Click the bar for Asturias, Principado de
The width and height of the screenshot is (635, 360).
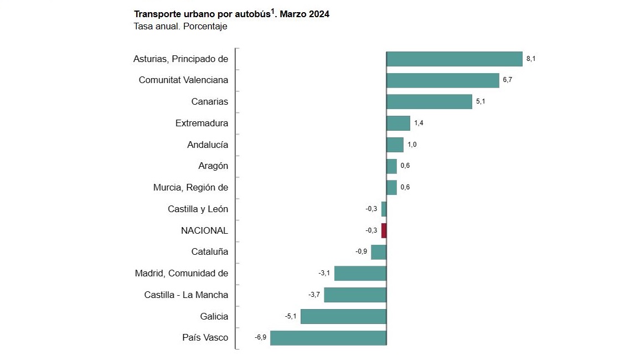(454, 59)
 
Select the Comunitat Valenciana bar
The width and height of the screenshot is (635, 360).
(442, 80)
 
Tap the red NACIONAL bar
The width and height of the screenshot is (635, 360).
(384, 230)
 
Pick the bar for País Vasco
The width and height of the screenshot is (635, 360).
(328, 338)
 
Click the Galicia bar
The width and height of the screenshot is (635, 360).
(343, 316)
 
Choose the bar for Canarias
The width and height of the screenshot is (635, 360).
(429, 101)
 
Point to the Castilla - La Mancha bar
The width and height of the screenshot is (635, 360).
(355, 295)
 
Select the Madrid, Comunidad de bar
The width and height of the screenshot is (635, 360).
(360, 273)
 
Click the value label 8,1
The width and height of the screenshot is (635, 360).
(530, 59)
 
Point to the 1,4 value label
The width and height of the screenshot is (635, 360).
(419, 123)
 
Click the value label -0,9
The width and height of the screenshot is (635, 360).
(361, 252)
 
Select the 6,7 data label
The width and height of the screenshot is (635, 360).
(507, 80)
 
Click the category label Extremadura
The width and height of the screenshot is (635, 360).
(202, 123)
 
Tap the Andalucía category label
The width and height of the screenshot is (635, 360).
(208, 145)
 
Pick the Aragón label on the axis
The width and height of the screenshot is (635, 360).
(213, 166)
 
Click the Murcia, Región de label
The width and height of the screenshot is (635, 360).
(190, 187)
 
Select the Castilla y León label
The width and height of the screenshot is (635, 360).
(198, 209)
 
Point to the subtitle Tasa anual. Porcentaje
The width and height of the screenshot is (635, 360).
(180, 26)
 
